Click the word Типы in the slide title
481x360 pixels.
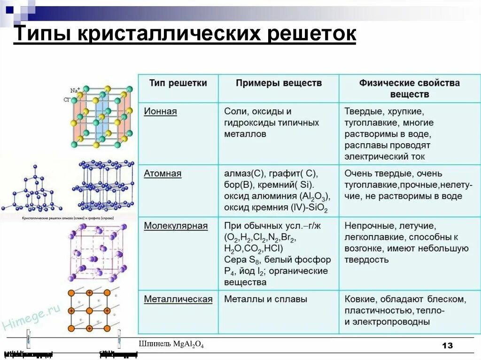coord(42,35)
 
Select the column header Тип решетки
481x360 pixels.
coord(178,83)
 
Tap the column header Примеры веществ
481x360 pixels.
coord(279,83)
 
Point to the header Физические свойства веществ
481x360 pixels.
coord(409,88)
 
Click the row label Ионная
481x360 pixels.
coord(160,112)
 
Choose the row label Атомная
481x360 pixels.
coord(163,174)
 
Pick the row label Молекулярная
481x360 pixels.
coord(176,226)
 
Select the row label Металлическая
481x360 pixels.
coord(178,299)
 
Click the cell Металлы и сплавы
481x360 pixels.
coord(265,299)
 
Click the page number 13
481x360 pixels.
coord(447,346)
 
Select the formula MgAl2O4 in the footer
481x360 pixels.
coord(188,345)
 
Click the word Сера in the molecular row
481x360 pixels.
coord(235,260)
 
